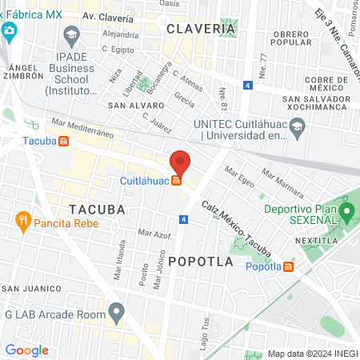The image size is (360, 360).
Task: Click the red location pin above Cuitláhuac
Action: [x=180, y=162]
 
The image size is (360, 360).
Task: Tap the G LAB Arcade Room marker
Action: [x=118, y=310]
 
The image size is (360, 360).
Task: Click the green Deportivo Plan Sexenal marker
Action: [x=346, y=213]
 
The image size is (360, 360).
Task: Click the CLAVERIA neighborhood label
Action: [x=202, y=29]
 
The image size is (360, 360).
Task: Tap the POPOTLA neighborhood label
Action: [x=201, y=262]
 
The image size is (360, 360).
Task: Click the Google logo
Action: [x=26, y=350]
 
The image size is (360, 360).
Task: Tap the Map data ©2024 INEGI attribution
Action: [x=311, y=353]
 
